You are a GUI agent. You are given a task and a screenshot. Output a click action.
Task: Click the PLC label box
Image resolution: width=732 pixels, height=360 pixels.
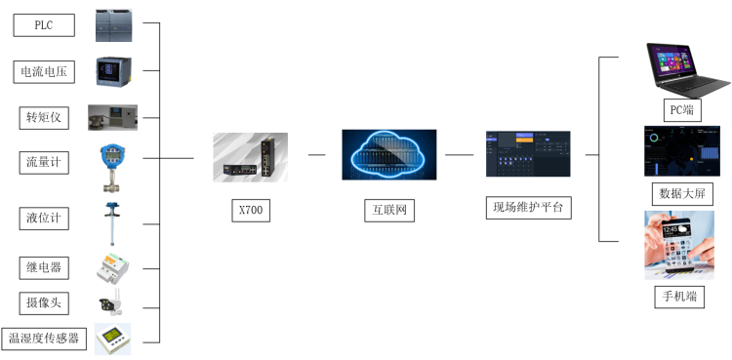pos(43,25)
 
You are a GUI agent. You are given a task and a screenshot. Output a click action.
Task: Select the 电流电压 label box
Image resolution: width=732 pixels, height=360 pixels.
pos(43,71)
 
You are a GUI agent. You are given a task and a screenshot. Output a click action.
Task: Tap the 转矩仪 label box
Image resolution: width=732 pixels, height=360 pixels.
pos(43,117)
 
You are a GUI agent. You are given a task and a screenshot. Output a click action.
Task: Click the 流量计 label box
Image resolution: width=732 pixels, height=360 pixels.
pos(43,162)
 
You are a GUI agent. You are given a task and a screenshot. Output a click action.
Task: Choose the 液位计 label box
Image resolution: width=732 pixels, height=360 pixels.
pos(43,217)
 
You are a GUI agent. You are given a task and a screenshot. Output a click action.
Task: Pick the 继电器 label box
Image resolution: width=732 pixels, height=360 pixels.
pos(43,265)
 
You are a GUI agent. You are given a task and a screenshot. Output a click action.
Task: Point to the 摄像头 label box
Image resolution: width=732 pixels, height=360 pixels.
pos(43,302)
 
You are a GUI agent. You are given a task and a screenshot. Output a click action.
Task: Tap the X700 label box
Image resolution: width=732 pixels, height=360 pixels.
pos(250,209)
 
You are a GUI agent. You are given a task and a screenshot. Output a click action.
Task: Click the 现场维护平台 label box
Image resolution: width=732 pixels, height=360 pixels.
pos(528,207)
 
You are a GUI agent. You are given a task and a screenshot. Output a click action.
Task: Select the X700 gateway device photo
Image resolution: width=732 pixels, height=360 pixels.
pos(250,156)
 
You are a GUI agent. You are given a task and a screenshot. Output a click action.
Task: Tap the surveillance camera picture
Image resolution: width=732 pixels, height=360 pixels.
pos(109,303)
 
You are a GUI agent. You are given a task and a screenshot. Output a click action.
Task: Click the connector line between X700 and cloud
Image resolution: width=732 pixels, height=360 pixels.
pos(316,154)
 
